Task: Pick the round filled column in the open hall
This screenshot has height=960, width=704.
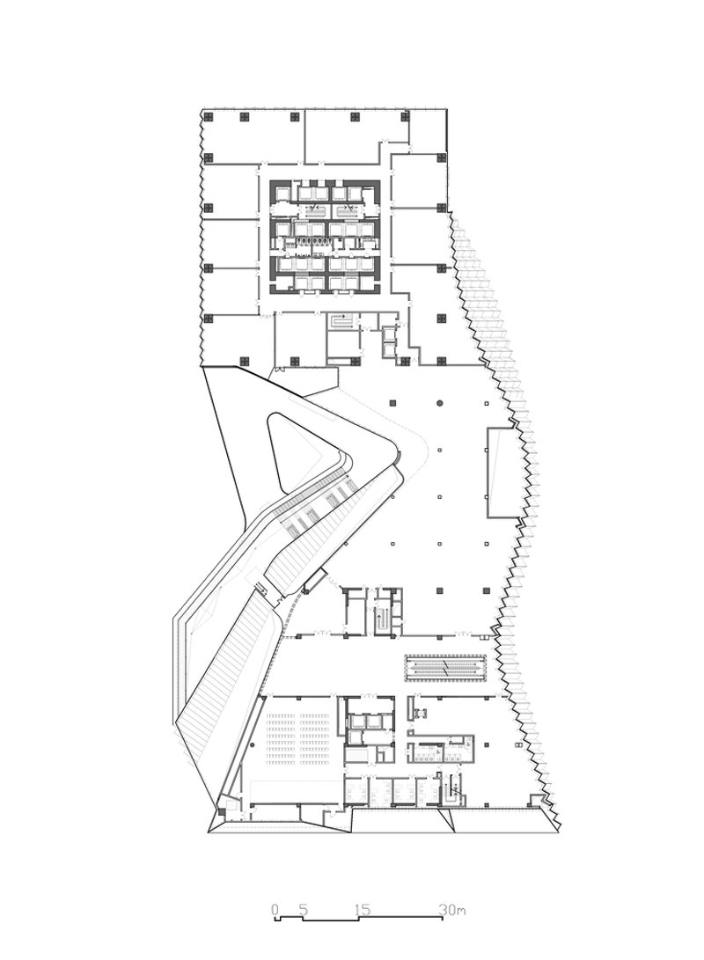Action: pyautogui.click(x=439, y=402)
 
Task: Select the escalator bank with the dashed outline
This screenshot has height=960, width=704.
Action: pyautogui.click(x=446, y=666)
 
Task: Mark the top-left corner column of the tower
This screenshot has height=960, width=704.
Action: pyautogui.click(x=208, y=116)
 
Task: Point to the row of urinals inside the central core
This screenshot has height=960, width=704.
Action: pyautogui.click(x=312, y=240)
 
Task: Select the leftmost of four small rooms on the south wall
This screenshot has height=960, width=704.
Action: pyautogui.click(x=355, y=792)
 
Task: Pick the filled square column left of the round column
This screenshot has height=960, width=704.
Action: pyautogui.click(x=392, y=402)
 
